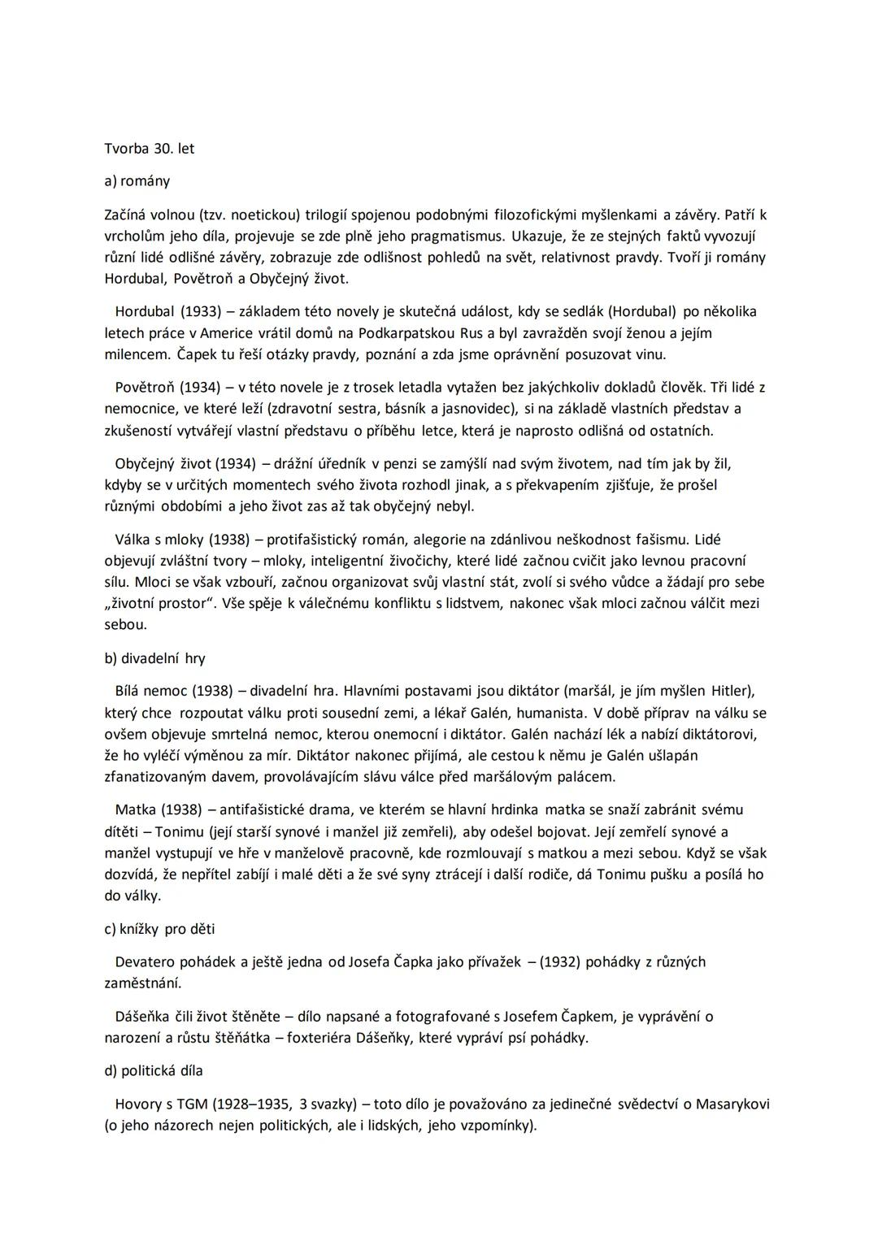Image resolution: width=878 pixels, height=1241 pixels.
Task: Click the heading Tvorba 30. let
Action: tap(150, 149)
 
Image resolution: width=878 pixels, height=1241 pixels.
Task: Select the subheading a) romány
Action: tap(137, 181)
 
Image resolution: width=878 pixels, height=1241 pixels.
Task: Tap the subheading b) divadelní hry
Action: tap(154, 658)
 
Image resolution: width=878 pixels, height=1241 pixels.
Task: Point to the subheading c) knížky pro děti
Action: tap(159, 928)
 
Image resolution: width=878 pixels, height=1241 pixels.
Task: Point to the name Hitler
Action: tap(731, 692)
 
